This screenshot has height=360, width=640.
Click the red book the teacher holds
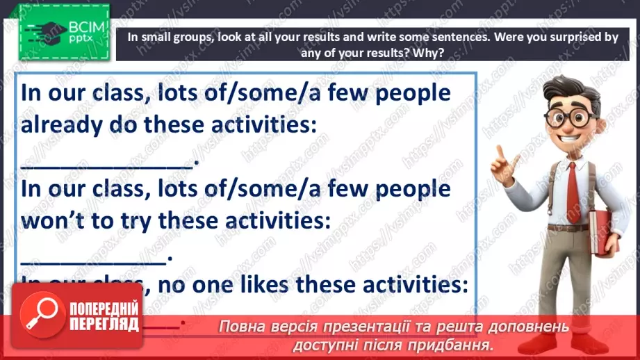(x=602, y=234)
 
